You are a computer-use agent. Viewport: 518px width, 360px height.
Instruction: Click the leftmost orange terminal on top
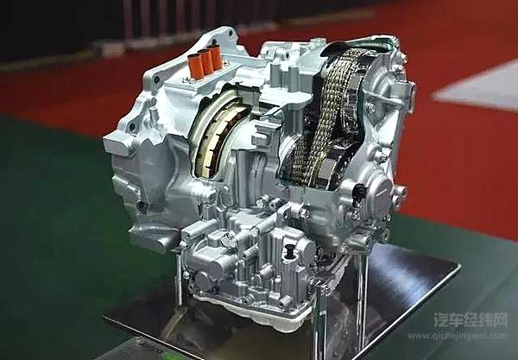(x=195, y=66)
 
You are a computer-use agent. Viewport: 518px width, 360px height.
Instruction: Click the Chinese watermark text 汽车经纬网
(x=471, y=319)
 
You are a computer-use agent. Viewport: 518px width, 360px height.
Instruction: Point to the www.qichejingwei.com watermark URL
(x=458, y=336)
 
